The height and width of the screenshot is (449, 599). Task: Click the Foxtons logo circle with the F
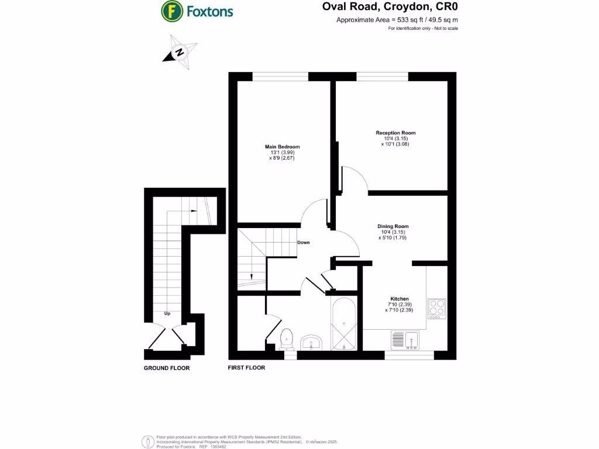[171, 11]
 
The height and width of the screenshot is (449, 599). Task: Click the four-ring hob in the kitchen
[436, 308]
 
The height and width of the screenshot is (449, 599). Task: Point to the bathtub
[343, 325]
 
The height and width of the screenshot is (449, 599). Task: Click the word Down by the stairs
[303, 243]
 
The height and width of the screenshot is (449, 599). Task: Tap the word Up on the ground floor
[167, 314]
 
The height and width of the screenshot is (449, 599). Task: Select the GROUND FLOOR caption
[167, 368]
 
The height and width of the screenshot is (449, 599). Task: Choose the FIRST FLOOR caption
[246, 368]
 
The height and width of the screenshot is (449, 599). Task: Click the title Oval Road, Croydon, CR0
[390, 8]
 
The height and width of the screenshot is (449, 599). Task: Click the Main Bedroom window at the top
[280, 76]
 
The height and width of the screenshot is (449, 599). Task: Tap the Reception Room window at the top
[382, 76]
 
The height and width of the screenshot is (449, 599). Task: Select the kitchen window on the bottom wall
[409, 355]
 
